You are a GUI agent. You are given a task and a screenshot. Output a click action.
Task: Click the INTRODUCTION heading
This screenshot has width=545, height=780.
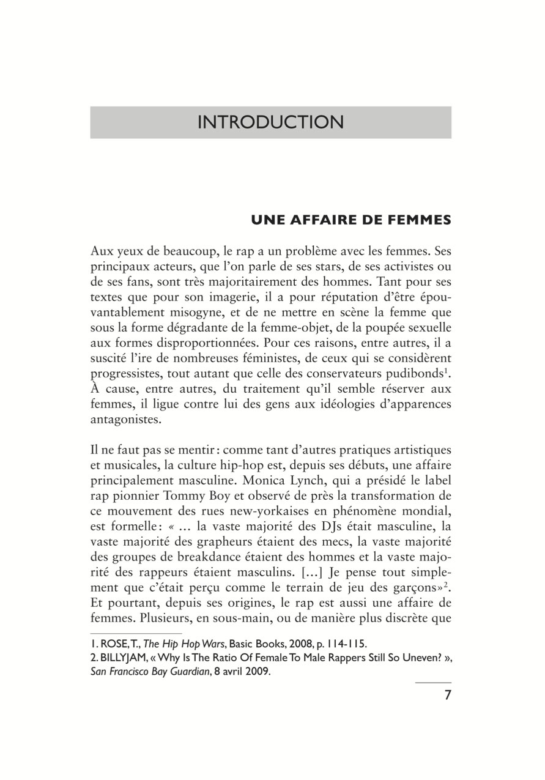coord(270,122)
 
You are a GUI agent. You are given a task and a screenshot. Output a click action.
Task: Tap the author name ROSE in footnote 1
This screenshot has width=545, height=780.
coord(108,643)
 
